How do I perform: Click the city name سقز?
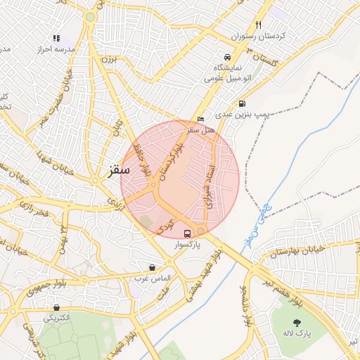pos(120,169)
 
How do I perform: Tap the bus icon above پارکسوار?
pos(187,233)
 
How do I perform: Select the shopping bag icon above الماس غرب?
pos(152,267)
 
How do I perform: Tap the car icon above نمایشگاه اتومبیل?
pos(226,57)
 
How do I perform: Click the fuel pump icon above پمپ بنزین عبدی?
pos(243,103)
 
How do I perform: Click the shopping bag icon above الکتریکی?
pos(56,307)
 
